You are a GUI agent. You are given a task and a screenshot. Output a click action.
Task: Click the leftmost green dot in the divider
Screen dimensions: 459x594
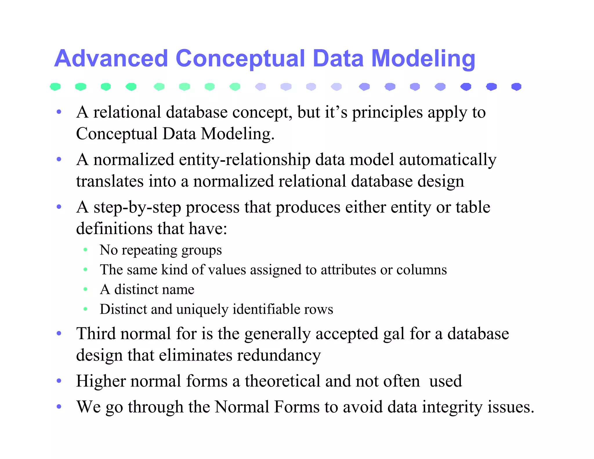coord(55,86)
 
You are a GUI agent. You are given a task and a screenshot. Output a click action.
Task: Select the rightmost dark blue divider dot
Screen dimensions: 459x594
coord(516,86)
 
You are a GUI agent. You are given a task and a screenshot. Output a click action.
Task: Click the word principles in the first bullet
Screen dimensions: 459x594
coord(387,113)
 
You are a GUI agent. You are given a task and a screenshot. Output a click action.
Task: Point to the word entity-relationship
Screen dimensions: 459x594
coord(245,160)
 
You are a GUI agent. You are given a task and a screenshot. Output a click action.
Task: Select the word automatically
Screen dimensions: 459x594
coord(448,160)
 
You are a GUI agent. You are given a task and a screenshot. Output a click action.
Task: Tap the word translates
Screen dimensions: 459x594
coord(110,181)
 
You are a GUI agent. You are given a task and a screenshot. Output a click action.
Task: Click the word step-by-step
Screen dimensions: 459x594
coord(137,207)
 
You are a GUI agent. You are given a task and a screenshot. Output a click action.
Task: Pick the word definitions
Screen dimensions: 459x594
coord(114,228)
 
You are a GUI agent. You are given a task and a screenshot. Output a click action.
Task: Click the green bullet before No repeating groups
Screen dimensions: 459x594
coord(85,250)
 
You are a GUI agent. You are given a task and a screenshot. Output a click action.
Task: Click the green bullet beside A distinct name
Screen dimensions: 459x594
coord(85,289)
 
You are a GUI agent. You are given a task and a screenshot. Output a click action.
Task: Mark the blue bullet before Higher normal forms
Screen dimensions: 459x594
coord(59,381)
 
